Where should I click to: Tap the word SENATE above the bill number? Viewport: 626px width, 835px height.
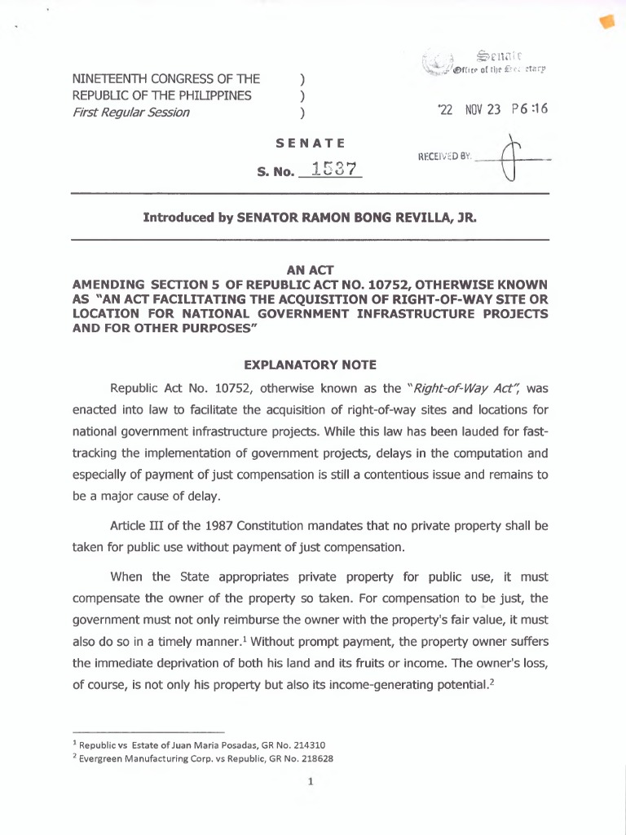tap(310, 144)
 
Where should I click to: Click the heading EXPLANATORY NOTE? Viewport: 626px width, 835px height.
tap(311, 364)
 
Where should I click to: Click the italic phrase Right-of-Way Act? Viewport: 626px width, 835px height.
tap(462, 387)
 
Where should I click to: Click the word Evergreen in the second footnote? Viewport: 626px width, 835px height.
tap(104, 758)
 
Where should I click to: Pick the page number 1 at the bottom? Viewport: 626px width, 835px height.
tap(311, 784)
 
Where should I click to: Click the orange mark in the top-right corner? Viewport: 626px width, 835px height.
tap(606, 24)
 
